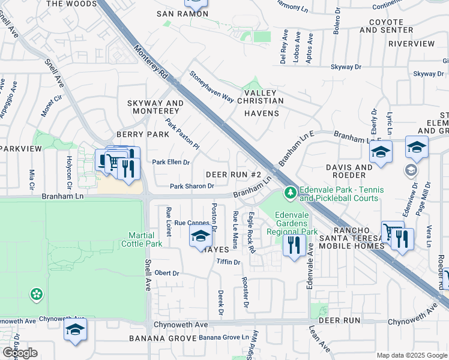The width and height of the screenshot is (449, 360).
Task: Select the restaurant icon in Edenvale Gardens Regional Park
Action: click(x=294, y=245)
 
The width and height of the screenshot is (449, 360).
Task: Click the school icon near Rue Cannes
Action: click(x=200, y=236)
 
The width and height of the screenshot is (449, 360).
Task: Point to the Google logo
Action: click(x=19, y=353)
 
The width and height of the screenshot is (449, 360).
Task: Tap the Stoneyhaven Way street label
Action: click(x=211, y=88)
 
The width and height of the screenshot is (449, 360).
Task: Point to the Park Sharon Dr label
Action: click(x=192, y=186)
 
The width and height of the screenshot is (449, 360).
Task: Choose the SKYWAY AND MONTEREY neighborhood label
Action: click(x=155, y=107)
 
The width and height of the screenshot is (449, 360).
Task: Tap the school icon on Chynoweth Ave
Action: click(x=76, y=330)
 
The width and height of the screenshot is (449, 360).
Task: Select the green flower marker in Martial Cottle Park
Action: click(x=37, y=293)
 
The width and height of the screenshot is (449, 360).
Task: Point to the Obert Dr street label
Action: click(x=167, y=273)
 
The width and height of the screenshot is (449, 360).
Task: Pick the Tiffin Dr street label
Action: click(x=229, y=262)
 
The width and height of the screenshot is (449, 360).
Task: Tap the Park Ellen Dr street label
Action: click(x=170, y=162)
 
